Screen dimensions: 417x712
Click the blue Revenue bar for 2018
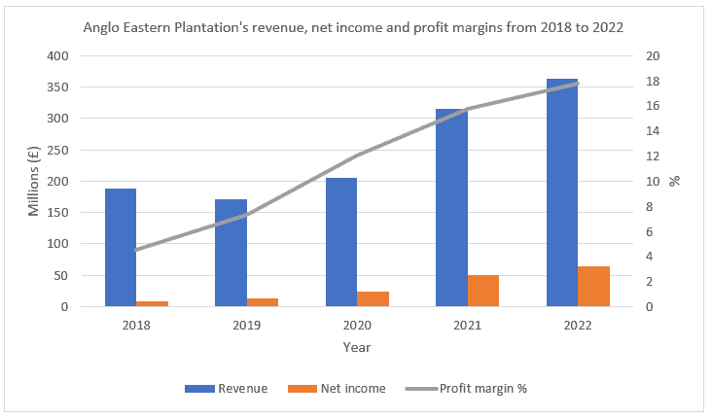tap(121, 248)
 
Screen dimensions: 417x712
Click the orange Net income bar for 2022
tap(593, 287)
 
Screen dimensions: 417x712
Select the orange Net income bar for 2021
tap(483, 291)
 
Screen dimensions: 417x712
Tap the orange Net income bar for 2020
tap(373, 299)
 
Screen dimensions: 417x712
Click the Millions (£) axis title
tap(34, 182)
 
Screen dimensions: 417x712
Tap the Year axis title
tap(356, 347)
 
